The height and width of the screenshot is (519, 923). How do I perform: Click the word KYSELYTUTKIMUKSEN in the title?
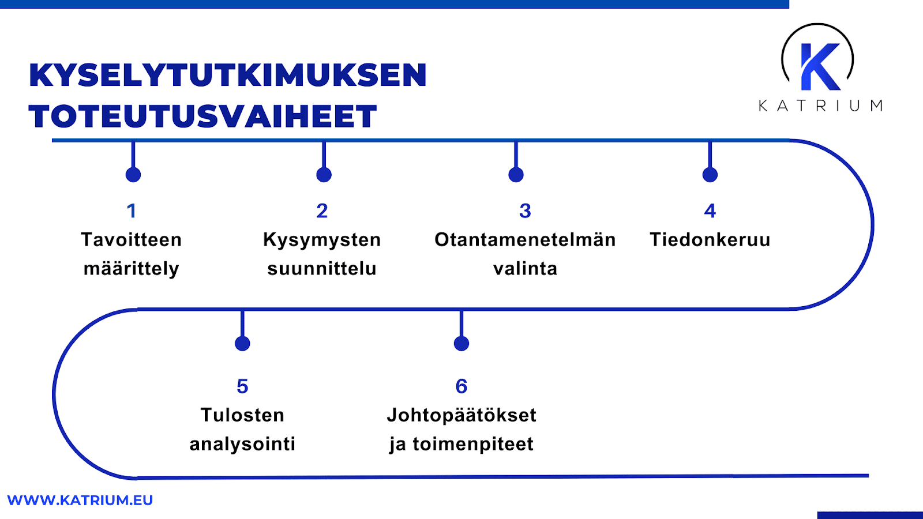click(228, 75)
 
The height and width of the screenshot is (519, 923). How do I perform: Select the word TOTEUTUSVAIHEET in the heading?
click(202, 116)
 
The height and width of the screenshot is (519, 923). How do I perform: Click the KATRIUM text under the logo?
click(820, 106)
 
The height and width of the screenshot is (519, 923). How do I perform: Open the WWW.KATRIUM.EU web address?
click(80, 500)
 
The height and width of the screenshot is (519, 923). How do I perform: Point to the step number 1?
click(132, 211)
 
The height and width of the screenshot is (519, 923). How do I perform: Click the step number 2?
click(322, 211)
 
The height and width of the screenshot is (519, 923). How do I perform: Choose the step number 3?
click(525, 211)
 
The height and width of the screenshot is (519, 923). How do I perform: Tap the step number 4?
click(710, 211)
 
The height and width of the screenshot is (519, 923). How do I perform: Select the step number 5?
click(242, 386)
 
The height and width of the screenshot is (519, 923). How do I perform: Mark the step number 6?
click(461, 386)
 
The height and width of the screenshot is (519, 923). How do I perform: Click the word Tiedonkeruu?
click(710, 240)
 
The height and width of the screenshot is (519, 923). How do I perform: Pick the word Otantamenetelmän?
click(525, 240)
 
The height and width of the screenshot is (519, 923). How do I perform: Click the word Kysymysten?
click(322, 240)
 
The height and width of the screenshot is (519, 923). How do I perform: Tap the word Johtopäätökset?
click(461, 415)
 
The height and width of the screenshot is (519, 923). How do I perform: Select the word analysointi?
click(242, 445)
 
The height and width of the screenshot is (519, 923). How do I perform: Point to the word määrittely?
click(132, 269)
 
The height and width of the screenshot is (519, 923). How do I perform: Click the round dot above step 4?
click(710, 175)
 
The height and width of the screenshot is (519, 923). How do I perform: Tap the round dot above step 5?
click(242, 344)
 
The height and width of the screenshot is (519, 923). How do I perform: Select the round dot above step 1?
click(133, 175)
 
